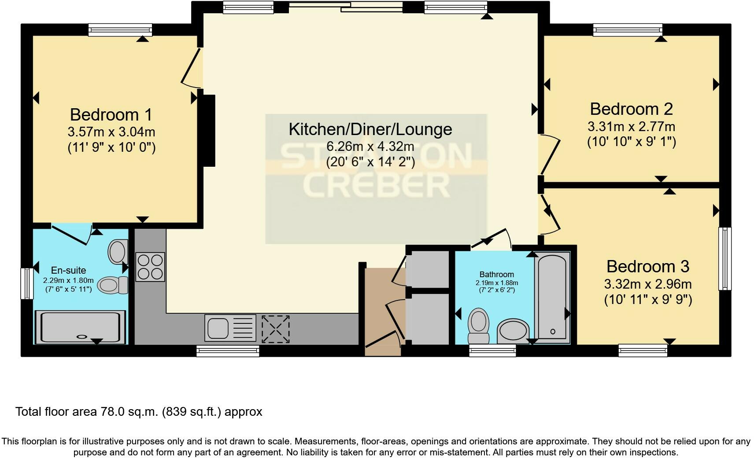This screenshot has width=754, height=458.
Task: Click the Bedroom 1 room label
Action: (x=111, y=115)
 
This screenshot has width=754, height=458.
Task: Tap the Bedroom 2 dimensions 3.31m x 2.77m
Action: (x=631, y=127)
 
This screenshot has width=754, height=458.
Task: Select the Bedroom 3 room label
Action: (x=647, y=267)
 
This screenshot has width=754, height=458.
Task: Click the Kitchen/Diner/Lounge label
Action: (x=370, y=129)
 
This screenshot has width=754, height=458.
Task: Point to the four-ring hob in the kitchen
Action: (x=150, y=267)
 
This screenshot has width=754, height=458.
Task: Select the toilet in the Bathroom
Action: (x=478, y=326)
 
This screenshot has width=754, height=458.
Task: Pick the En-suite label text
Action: (x=68, y=271)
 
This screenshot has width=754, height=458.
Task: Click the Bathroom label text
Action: (x=497, y=275)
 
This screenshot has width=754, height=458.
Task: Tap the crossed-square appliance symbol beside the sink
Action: (x=276, y=328)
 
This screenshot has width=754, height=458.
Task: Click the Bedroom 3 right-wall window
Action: (x=724, y=258)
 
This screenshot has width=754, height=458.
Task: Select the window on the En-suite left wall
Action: (x=27, y=284)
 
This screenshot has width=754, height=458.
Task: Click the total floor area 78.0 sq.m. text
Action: (x=139, y=412)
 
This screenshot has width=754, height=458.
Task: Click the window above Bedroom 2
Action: (x=628, y=30)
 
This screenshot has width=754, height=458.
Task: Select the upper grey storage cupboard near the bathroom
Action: (x=427, y=269)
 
